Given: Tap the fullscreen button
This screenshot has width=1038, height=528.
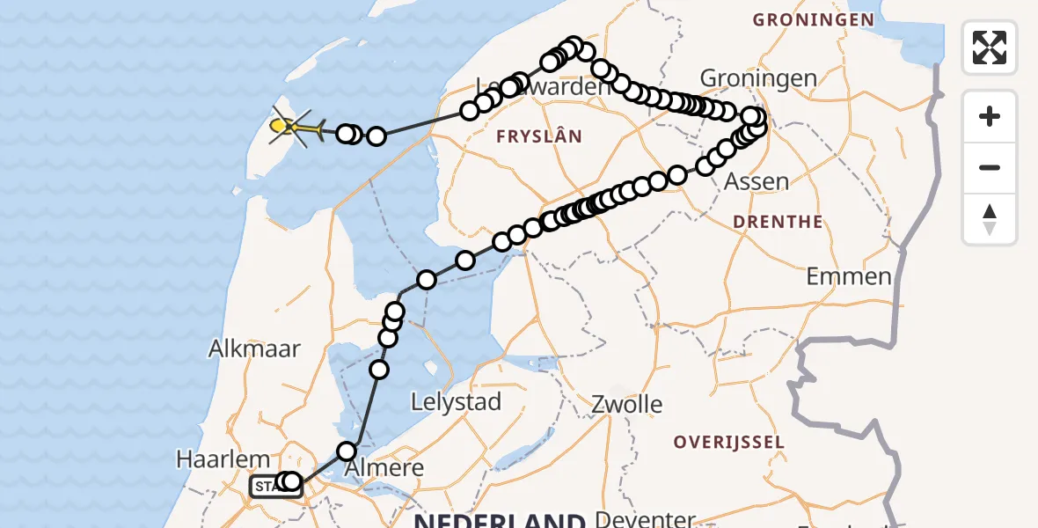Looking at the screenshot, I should [990, 48].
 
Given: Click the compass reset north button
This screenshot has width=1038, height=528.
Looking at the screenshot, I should [990, 219].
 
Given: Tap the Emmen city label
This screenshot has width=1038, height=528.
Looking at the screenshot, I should [849, 276].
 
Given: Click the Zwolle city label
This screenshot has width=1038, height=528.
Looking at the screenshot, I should [626, 405].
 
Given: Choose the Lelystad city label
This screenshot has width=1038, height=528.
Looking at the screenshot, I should [457, 402].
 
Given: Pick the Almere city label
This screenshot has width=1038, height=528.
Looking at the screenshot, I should [385, 467].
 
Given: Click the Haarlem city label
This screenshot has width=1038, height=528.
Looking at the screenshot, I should [223, 458].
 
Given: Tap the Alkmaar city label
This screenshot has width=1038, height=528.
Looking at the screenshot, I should [254, 348].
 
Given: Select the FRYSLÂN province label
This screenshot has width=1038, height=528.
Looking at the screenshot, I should [539, 136].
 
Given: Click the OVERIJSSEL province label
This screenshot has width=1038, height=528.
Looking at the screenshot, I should [728, 442].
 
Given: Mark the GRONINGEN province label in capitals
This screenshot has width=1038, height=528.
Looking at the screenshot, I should [814, 19].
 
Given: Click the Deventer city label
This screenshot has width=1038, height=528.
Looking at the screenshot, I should [645, 518].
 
